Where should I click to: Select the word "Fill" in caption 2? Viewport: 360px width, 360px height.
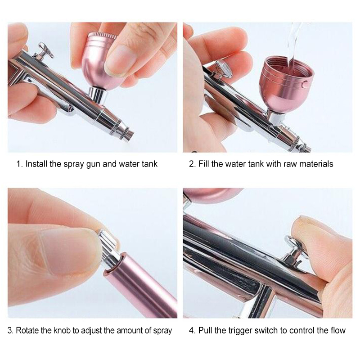click(x=203, y=164)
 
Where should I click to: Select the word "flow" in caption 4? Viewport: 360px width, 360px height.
click(x=338, y=330)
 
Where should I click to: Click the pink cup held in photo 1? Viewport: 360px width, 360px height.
click(x=99, y=61)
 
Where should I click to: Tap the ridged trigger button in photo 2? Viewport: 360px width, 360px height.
click(x=223, y=68)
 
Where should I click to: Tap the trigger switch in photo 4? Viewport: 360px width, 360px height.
click(x=296, y=250)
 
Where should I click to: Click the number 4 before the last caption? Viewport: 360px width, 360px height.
click(x=192, y=330)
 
